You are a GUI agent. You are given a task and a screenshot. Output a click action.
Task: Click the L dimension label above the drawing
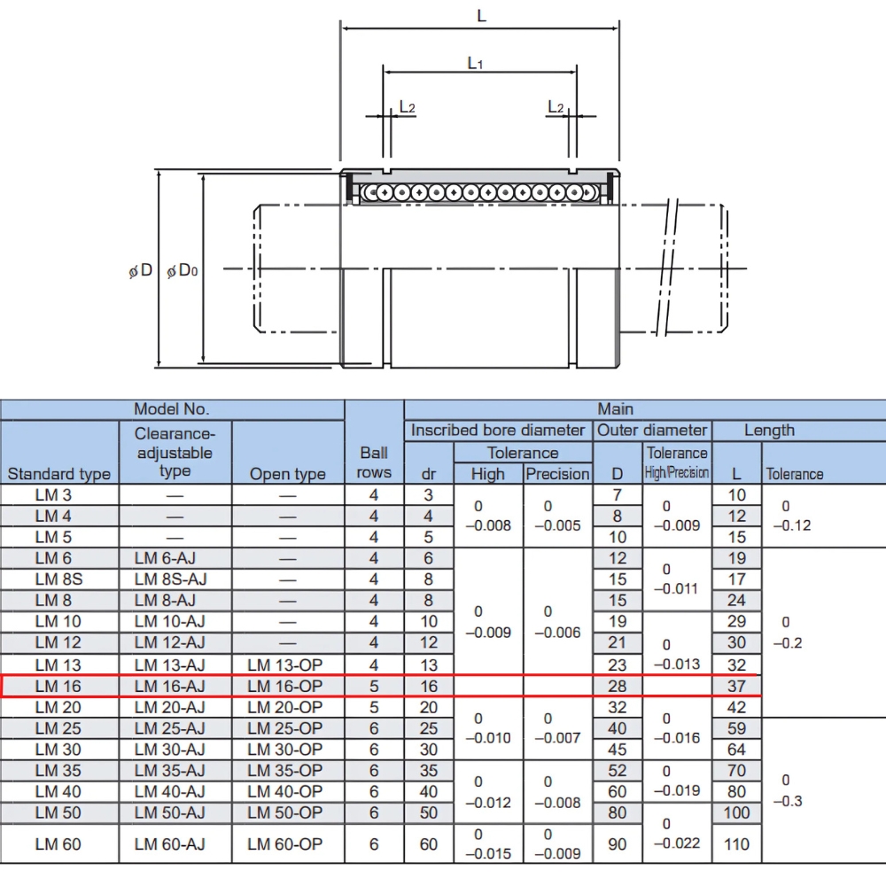click(x=481, y=16)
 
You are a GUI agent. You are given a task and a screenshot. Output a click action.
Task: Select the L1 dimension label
click(x=475, y=64)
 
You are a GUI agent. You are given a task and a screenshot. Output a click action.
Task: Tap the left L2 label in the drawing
click(x=407, y=107)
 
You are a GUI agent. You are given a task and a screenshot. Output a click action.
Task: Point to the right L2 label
click(x=556, y=107)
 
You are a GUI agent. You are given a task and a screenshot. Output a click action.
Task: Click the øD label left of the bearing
click(x=141, y=270)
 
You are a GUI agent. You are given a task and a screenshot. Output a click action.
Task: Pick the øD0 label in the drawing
click(x=182, y=270)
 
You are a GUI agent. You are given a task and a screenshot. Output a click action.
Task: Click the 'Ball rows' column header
click(x=374, y=462)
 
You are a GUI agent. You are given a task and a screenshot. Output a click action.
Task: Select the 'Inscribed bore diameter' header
click(x=498, y=431)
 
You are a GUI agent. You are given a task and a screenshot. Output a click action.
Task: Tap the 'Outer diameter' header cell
click(x=653, y=431)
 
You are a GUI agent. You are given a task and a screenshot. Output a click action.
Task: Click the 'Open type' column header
click(x=287, y=474)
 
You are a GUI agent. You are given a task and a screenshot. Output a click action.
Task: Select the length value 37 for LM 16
click(x=736, y=686)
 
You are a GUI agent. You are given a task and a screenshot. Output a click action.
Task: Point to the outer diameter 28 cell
click(x=618, y=686)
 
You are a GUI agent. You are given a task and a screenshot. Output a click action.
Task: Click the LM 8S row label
click(x=58, y=579)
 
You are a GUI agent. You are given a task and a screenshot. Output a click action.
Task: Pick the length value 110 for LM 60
click(x=736, y=844)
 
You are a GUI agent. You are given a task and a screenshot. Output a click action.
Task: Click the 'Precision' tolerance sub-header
click(x=558, y=474)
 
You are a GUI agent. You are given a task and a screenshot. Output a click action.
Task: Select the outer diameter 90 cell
click(x=618, y=844)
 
